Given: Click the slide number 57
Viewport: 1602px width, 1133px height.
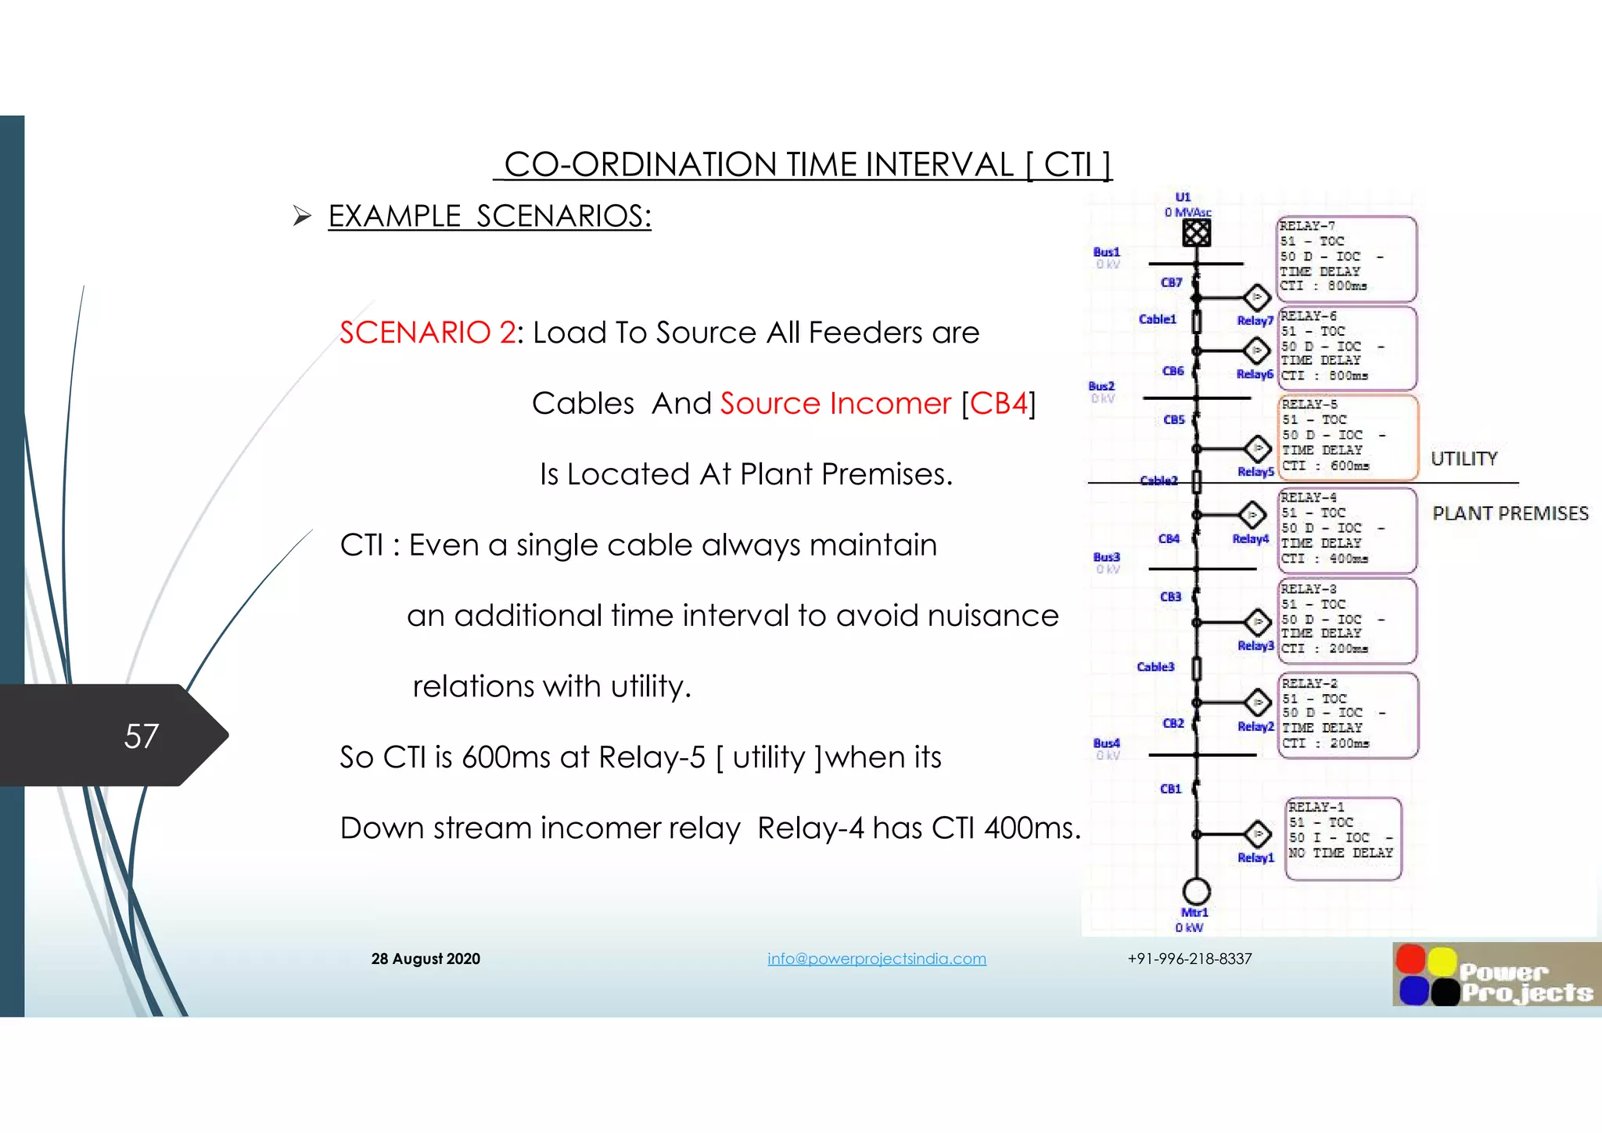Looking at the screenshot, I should [142, 736].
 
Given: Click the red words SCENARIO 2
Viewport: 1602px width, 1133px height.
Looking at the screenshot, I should [427, 333].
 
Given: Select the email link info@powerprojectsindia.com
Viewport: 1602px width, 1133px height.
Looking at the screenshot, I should [876, 959].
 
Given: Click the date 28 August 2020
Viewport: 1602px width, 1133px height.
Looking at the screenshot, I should [426, 959].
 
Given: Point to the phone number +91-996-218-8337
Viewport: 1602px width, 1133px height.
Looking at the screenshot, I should [1189, 959].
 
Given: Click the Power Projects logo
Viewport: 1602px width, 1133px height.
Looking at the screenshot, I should [1496, 975].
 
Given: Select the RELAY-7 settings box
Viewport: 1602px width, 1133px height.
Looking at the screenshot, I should [1345, 258].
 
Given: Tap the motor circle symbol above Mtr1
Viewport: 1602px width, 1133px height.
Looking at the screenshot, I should [1196, 890].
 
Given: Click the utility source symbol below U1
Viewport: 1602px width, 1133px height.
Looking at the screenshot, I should [1196, 232].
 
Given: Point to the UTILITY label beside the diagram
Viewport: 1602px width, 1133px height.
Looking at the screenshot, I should [1464, 459].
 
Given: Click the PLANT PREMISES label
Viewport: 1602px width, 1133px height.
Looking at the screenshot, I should [1510, 514].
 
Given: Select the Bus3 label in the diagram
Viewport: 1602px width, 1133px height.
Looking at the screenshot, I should [1106, 557].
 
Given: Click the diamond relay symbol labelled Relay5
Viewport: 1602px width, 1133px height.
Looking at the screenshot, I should [1257, 449].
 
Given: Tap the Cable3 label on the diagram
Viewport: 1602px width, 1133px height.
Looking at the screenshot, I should [1155, 667].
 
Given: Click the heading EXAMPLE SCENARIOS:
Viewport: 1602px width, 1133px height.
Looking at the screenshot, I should [489, 217].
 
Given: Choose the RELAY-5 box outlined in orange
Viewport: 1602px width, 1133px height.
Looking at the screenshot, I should [1348, 437].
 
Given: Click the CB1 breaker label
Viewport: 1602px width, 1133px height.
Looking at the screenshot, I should [1170, 789].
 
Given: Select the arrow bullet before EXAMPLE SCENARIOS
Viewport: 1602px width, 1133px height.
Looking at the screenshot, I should [302, 216].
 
